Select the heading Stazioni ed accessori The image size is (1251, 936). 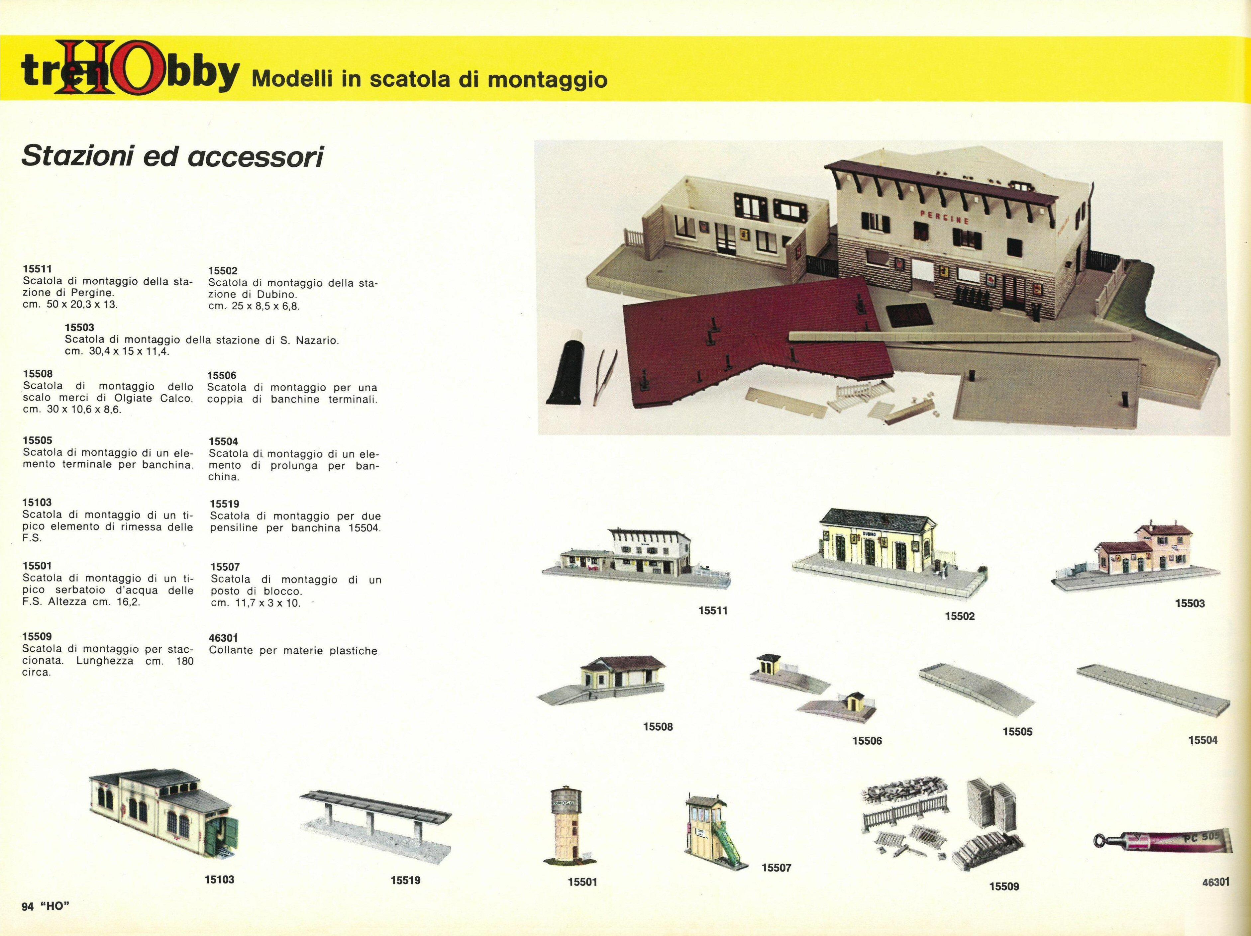172,156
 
